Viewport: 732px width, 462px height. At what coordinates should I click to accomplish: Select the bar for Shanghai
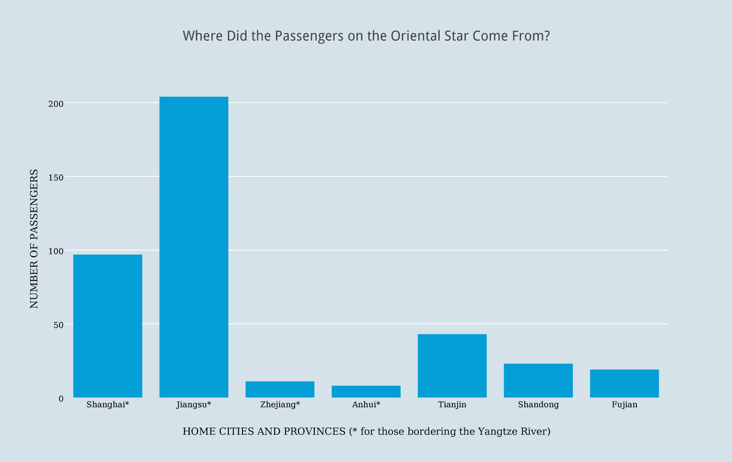coord(108,326)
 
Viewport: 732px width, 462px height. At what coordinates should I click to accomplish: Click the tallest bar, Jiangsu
coord(194,247)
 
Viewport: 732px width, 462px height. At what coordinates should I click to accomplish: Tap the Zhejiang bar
coord(280,389)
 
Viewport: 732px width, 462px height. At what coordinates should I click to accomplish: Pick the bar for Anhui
coord(366,392)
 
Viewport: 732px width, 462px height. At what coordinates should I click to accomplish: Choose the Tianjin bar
coord(452,365)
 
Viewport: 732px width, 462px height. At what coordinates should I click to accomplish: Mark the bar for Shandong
coord(538,380)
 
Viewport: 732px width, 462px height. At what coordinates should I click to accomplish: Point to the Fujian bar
coord(624,383)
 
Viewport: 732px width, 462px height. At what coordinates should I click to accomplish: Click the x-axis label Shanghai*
coord(108,404)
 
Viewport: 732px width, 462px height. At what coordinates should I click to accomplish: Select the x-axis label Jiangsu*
coord(194,404)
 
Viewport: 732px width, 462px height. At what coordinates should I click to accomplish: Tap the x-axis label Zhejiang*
coord(280,404)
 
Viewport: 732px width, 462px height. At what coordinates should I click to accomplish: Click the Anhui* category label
coord(366,404)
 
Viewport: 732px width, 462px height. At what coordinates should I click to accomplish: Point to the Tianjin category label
coord(452,404)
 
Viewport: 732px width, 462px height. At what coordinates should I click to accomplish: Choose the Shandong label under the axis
coord(538,404)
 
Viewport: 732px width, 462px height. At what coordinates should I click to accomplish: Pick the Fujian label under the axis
coord(624,404)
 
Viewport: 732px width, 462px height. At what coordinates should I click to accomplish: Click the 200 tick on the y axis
coord(56,104)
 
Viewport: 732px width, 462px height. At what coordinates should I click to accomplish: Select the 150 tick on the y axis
coord(56,177)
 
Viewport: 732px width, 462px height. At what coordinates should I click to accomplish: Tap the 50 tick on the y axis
coord(58,325)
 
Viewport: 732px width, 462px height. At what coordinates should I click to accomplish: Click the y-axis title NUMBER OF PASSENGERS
coord(34,238)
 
